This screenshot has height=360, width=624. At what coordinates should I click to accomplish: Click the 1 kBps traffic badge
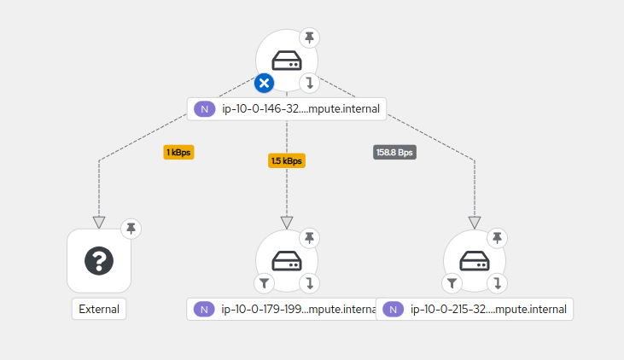(x=179, y=152)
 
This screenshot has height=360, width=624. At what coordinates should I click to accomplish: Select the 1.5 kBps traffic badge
(x=287, y=160)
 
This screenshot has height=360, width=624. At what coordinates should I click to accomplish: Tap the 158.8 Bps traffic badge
(x=394, y=152)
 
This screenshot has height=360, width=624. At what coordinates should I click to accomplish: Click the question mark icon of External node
(x=99, y=260)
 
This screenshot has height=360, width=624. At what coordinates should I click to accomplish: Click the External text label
(x=99, y=309)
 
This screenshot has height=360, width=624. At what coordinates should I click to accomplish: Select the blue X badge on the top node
(x=265, y=83)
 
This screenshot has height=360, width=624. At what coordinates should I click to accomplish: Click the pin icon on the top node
(x=309, y=38)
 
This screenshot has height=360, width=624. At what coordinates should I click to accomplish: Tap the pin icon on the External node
(x=130, y=228)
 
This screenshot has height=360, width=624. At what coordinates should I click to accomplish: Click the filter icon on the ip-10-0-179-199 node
(x=264, y=283)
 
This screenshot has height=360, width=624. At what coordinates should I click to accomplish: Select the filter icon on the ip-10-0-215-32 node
(x=452, y=283)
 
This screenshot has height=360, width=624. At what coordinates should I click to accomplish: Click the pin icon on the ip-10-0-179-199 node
(x=309, y=237)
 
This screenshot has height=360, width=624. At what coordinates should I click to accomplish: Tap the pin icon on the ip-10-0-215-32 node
(x=497, y=237)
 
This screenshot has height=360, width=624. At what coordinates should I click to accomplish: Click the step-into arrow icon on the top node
(x=309, y=83)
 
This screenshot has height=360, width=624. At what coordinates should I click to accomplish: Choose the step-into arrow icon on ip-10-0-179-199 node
(x=309, y=283)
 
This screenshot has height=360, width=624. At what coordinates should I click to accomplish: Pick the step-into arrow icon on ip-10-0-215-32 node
(x=497, y=283)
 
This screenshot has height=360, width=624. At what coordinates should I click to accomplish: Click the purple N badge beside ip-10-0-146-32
(x=203, y=108)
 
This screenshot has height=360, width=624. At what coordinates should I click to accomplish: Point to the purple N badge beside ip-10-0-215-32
(x=393, y=309)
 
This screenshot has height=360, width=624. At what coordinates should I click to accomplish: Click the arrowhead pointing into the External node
(x=99, y=223)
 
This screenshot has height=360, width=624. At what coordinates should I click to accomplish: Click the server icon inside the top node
(x=287, y=61)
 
